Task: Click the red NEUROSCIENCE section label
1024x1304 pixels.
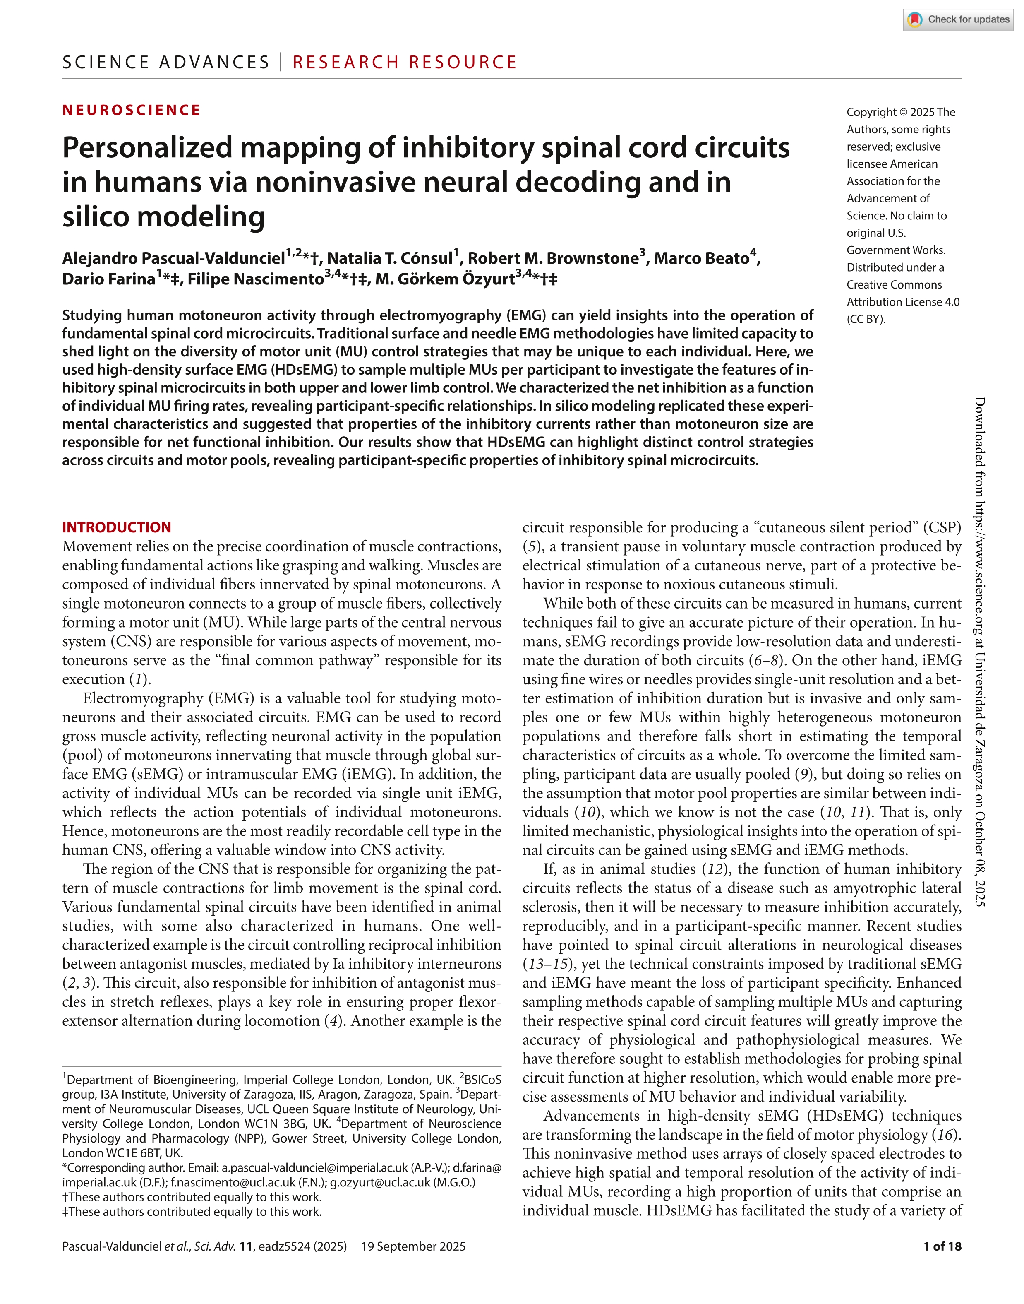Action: pyautogui.click(x=131, y=111)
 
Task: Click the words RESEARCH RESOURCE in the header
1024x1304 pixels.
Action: pyautogui.click(x=405, y=63)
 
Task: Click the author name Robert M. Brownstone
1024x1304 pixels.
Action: pyautogui.click(x=552, y=258)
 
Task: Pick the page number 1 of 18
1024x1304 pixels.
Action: pyautogui.click(x=942, y=1246)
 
